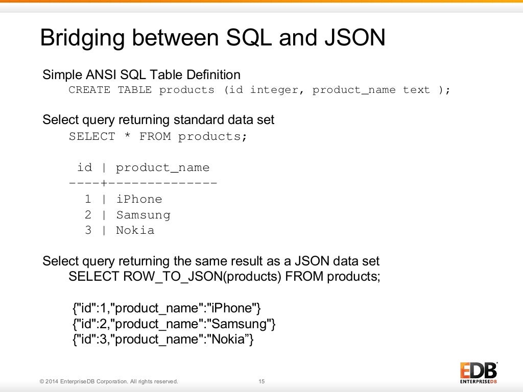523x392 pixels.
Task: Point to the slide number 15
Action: (x=262, y=381)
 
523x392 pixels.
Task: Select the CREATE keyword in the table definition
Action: (x=89, y=90)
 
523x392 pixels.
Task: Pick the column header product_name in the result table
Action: (x=162, y=168)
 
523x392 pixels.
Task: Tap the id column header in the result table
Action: (x=84, y=168)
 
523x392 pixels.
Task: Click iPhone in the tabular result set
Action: (x=139, y=200)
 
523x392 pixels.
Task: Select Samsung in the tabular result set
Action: (x=143, y=215)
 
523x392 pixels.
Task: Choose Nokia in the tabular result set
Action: (x=135, y=231)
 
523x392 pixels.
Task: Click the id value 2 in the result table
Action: (x=88, y=215)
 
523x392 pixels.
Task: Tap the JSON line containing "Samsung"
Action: (x=174, y=324)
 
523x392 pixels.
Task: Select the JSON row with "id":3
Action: (x=163, y=339)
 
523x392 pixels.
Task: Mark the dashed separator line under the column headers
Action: (x=143, y=183)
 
